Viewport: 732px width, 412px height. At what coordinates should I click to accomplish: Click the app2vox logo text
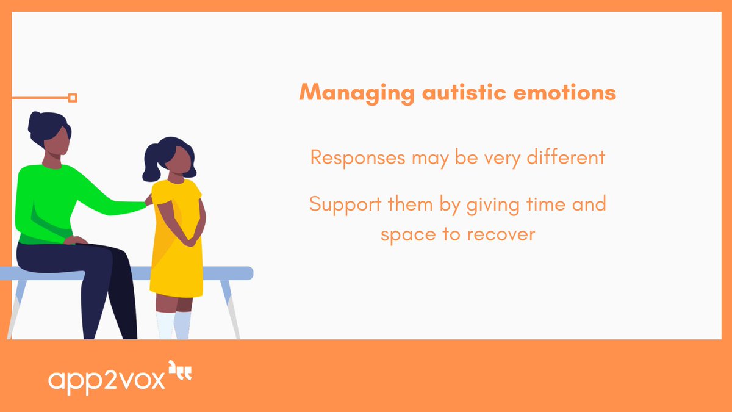106,380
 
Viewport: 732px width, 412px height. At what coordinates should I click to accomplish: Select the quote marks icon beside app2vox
180,372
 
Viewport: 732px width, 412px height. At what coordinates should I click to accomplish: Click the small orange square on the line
73,98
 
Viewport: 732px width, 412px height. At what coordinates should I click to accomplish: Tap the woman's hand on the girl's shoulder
148,200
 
